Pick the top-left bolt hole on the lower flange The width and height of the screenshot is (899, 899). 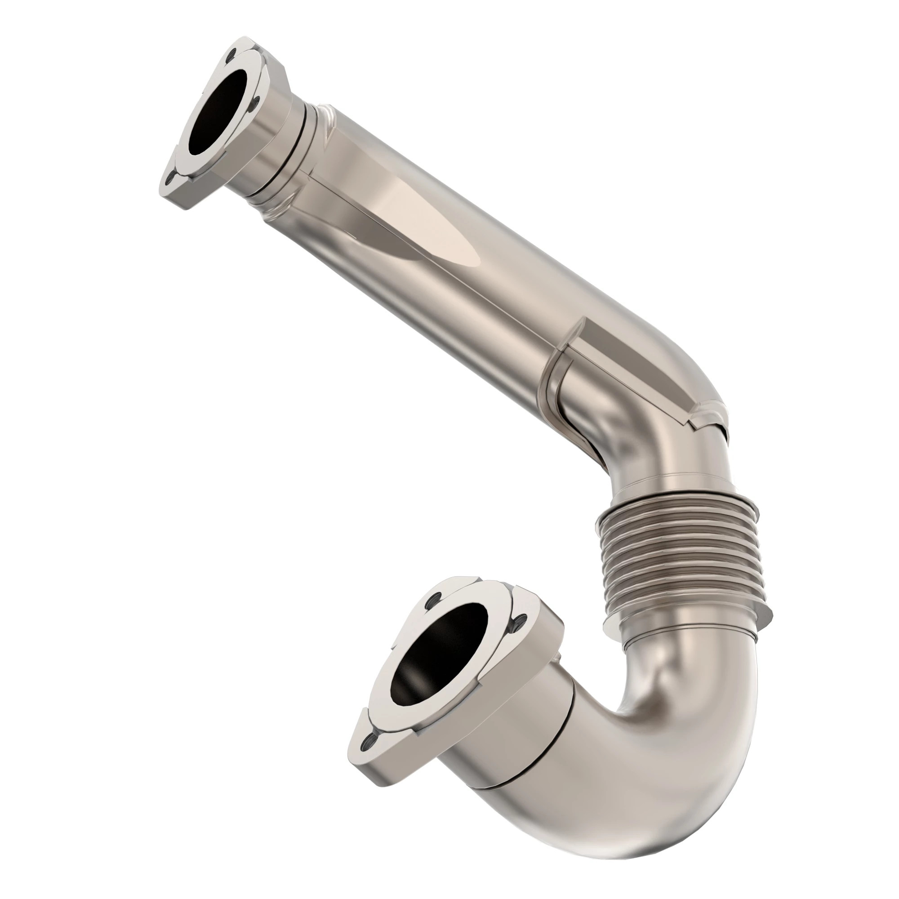[x=436, y=597]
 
